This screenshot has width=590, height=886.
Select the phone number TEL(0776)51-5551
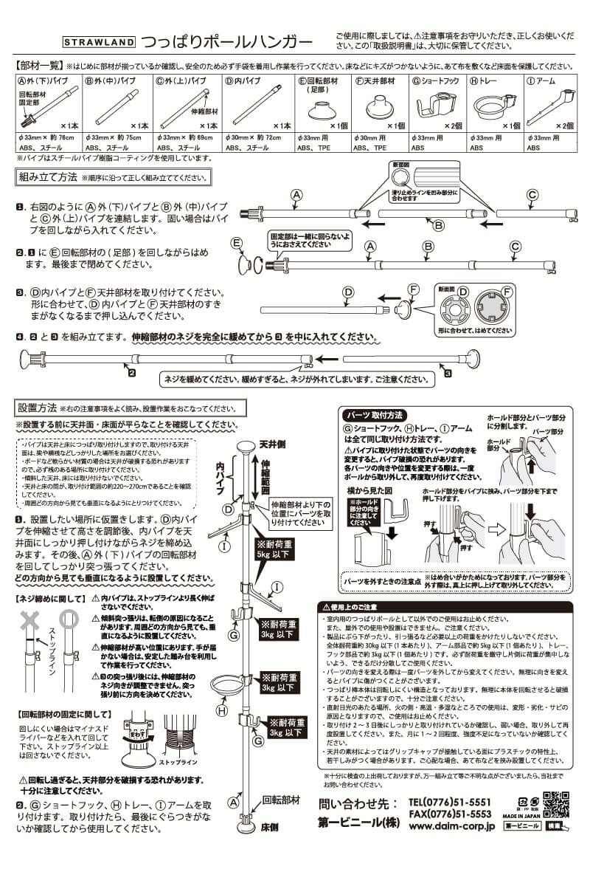[x=449, y=802]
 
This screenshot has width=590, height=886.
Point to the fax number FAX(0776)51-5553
[x=449, y=814]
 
